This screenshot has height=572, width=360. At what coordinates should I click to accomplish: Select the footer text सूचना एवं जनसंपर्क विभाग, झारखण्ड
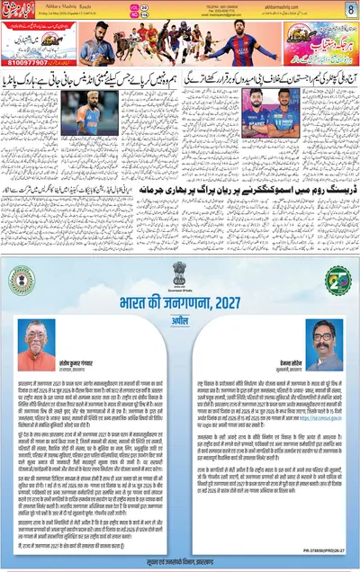pos(179,559)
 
